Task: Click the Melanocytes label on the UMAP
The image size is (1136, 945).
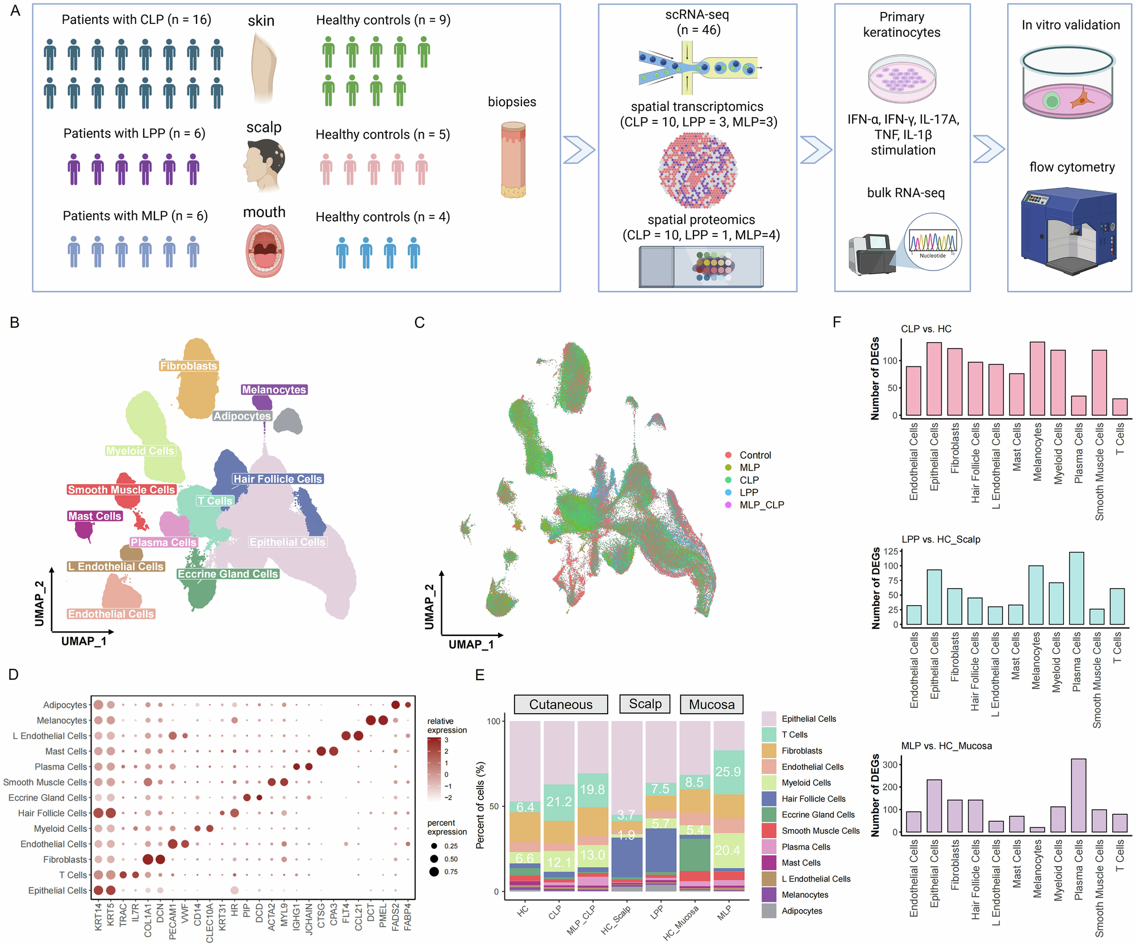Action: [x=274, y=390]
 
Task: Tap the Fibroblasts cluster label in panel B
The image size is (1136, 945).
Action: [x=189, y=366]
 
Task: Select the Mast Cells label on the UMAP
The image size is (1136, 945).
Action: [x=95, y=516]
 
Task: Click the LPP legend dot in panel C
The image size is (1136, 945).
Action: [x=728, y=492]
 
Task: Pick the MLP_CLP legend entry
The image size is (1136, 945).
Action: [x=755, y=505]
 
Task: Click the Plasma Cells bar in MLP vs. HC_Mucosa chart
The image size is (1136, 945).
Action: [x=1078, y=796]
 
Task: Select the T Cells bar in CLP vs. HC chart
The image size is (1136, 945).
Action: [x=1120, y=407]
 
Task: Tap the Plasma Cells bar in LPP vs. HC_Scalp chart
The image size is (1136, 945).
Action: [x=1076, y=588]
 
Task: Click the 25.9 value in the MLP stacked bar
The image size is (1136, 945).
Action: [x=728, y=772]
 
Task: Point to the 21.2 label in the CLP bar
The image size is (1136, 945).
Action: [x=559, y=801]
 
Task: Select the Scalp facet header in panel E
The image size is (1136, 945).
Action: [x=645, y=704]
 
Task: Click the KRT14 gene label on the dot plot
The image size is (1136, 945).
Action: [x=98, y=917]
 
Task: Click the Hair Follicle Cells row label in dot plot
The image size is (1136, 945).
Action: [x=52, y=813]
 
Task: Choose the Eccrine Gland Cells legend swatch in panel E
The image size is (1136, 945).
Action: [x=769, y=814]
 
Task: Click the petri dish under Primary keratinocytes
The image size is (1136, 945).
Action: [x=902, y=79]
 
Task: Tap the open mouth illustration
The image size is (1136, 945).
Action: [x=265, y=251]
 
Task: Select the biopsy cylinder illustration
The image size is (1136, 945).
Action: [x=513, y=159]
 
